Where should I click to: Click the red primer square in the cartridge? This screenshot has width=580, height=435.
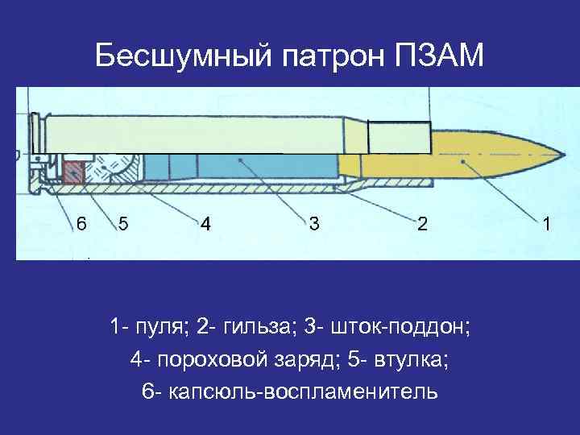(x=74, y=172)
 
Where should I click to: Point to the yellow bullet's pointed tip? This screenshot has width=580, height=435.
(x=557, y=155)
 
